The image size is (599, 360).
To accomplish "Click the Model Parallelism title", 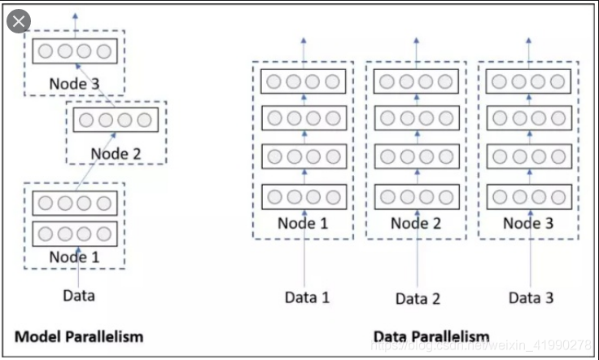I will tap(80, 336).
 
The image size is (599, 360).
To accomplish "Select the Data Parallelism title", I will tap(431, 336).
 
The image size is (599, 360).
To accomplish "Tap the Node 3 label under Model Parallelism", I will tap(74, 83).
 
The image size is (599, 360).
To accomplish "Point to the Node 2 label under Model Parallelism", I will tap(116, 152).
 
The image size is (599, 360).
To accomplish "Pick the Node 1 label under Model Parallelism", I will tap(74, 256).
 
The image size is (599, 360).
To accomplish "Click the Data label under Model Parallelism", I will tap(79, 295).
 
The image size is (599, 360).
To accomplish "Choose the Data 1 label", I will tap(307, 297).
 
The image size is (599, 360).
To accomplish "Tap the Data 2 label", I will tap(418, 298).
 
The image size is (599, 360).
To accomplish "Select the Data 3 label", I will tap(531, 297).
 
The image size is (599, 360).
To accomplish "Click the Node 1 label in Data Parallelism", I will tap(303, 223).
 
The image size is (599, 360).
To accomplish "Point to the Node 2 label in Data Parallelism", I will tap(415, 223).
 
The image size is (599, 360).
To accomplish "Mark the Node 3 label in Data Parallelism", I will tap(527, 223).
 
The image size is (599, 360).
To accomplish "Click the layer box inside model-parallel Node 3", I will tap(74, 50).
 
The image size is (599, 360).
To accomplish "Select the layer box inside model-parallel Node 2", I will tap(116, 121).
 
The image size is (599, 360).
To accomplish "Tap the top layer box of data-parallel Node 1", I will tap(303, 81).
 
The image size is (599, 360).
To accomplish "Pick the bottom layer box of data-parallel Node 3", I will tap(527, 196).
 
